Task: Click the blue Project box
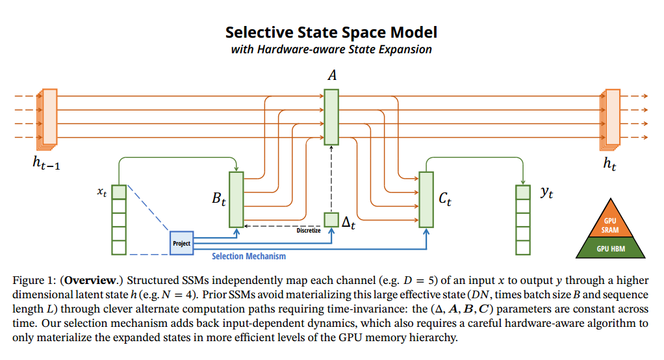click(x=181, y=243)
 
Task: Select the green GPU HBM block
click(x=609, y=248)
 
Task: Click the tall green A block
click(x=331, y=117)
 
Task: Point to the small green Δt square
click(x=331, y=220)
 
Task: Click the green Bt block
click(x=236, y=198)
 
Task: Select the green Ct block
click(x=426, y=198)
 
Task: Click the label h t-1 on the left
click(x=47, y=164)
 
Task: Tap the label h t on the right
click(x=609, y=164)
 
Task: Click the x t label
click(x=101, y=192)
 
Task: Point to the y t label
click(x=546, y=192)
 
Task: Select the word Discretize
click(x=308, y=231)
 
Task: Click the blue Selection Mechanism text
click(x=248, y=256)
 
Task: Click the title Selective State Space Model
click(x=331, y=32)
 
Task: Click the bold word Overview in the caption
click(x=92, y=280)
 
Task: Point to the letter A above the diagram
click(x=332, y=76)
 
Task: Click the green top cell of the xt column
click(x=118, y=192)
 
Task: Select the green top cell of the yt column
click(x=523, y=192)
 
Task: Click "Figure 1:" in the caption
click(x=34, y=280)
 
